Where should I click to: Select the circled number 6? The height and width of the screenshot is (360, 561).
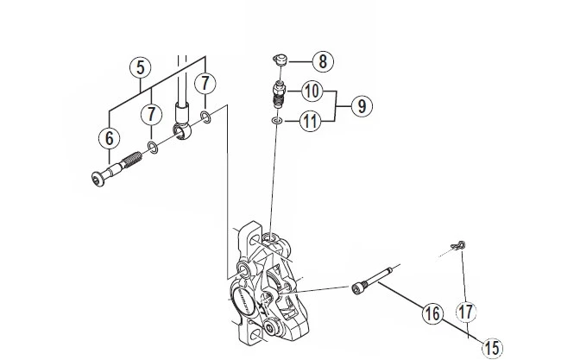tap(110, 136)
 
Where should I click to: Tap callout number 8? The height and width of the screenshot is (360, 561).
tap(322, 62)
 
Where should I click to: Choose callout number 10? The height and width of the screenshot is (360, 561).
tap(310, 90)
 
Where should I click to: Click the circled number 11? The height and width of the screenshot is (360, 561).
tap(311, 122)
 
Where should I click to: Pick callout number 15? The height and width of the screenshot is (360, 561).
tap(492, 348)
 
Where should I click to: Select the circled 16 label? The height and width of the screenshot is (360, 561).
tap(431, 314)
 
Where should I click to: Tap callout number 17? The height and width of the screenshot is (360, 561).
tap(466, 311)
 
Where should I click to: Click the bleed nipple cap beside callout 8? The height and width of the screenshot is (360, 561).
tap(279, 60)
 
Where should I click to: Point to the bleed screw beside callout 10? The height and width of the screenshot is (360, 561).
tap(278, 92)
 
